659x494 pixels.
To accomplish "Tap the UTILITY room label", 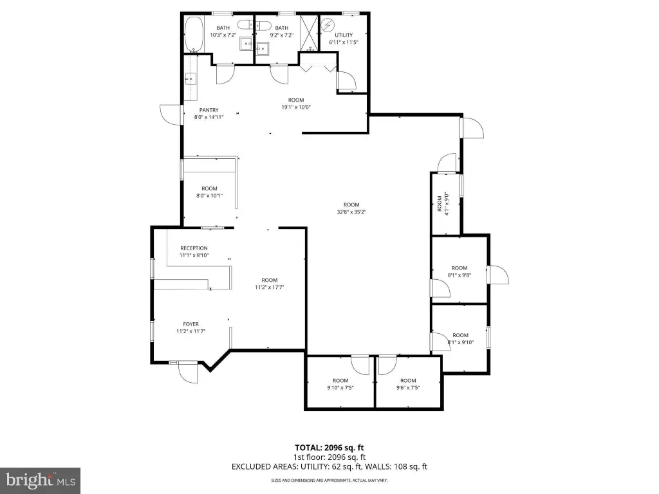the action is click(x=344, y=35).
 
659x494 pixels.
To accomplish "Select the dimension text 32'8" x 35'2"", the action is click(x=351, y=212).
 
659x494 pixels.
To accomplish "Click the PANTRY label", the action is click(x=209, y=110).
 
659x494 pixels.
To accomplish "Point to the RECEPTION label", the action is click(x=194, y=248).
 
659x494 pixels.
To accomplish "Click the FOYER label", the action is click(x=190, y=324).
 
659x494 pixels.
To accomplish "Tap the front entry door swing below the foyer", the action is click(x=188, y=372).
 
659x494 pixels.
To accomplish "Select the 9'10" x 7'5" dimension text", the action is click(x=340, y=388).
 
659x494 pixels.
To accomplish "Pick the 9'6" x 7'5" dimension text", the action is click(x=408, y=388).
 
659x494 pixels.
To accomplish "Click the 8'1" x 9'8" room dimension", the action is click(x=459, y=275).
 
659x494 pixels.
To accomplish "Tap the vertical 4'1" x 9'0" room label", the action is click(x=443, y=204).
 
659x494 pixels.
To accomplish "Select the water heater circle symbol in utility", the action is click(x=326, y=25).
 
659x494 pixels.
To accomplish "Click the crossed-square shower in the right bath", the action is click(x=309, y=33).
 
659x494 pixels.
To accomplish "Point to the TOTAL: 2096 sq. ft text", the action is click(x=329, y=448).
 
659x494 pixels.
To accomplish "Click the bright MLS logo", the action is click(x=41, y=480).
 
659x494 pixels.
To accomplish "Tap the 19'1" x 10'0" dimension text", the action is click(x=296, y=107).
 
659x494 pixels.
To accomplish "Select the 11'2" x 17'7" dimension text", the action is click(x=270, y=288).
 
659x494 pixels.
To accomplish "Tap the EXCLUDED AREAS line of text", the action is click(x=329, y=467).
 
